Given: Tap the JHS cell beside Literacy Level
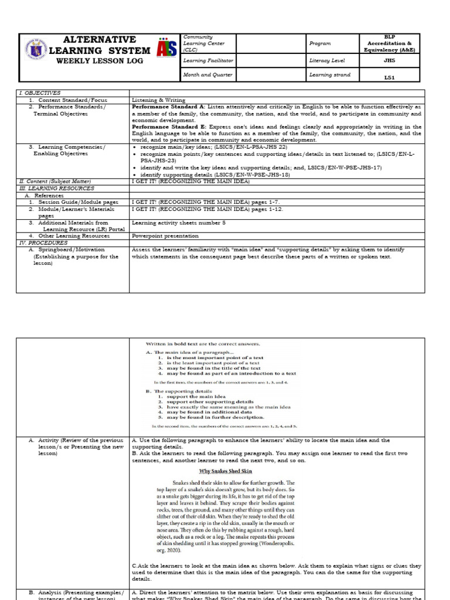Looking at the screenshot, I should [x=389, y=60].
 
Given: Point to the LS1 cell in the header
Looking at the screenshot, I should [x=389, y=77].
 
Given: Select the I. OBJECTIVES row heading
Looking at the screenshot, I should [x=40, y=93].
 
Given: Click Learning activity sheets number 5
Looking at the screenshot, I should [x=178, y=223].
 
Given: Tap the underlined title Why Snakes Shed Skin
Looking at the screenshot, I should [x=225, y=471].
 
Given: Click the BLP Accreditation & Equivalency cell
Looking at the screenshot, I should [x=389, y=43].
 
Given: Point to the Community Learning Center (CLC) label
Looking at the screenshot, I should [x=199, y=43].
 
